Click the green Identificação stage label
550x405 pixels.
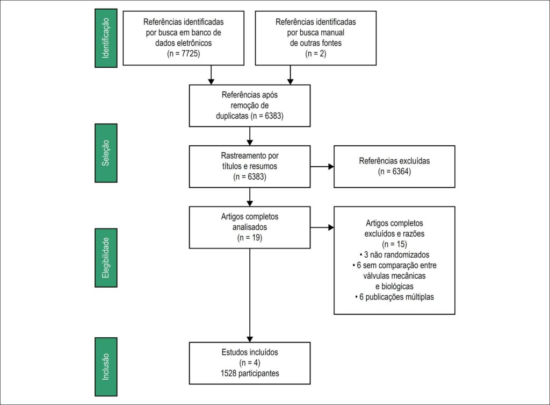(106, 38)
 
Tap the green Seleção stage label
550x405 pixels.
(106, 153)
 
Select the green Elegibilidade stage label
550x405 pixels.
(106, 258)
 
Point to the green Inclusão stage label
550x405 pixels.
(106, 367)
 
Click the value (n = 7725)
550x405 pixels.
(184, 54)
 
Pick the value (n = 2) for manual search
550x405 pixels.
(316, 54)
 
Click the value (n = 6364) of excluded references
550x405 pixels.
(394, 172)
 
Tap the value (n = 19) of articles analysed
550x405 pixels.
(250, 238)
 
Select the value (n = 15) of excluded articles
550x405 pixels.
(394, 244)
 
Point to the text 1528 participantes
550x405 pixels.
(250, 373)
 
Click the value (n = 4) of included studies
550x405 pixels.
(250, 363)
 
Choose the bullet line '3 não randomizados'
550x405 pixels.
(394, 254)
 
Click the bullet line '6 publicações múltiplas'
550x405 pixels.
(394, 297)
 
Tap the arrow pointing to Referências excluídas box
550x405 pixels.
(322, 167)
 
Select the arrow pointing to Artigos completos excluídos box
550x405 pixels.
(322, 228)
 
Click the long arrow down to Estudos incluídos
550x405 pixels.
(250, 295)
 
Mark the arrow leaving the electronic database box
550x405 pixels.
(211, 75)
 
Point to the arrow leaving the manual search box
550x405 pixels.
(290, 75)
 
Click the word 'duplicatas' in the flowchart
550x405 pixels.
(232, 116)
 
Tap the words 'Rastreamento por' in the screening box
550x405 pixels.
(250, 155)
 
